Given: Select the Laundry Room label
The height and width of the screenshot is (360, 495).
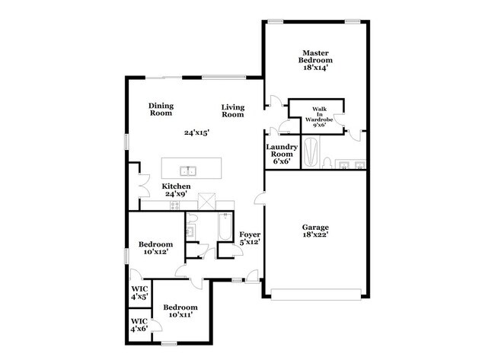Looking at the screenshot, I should coord(281,154).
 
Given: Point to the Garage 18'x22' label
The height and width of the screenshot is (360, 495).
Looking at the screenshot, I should coord(315,230).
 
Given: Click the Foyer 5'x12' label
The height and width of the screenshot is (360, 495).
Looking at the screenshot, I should coord(250,238).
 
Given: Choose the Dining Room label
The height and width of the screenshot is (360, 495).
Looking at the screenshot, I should coord(161,110).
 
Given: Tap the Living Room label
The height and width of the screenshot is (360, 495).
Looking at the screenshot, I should coord(233,110).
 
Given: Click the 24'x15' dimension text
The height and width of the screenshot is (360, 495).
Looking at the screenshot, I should coord(196,132).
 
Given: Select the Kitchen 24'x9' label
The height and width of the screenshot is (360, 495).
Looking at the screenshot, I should coord(176,191).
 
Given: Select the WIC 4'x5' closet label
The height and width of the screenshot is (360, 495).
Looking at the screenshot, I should coord(139,293).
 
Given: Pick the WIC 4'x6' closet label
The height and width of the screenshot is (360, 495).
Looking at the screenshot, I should coord(139,325).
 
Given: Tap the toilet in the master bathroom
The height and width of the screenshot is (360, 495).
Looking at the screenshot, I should coord(325,162).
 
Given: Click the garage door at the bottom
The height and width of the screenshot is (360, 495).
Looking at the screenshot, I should coord(315,295).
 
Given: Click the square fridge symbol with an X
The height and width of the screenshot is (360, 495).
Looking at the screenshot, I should coord(206,201).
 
